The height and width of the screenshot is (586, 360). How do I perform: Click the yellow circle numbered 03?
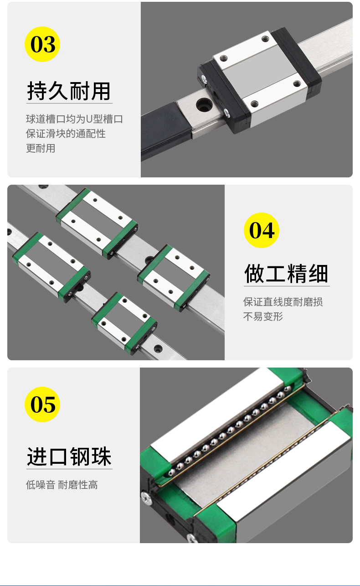tap(42, 44)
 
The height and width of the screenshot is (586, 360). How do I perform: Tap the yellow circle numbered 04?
tap(262, 230)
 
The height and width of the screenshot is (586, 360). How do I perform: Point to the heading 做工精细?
tap(286, 274)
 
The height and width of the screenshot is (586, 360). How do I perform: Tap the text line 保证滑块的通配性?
tap(66, 134)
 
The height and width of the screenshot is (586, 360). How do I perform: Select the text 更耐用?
tap(41, 148)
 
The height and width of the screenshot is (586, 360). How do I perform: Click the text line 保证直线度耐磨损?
tap(283, 302)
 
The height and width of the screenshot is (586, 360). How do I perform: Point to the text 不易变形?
tap(263, 316)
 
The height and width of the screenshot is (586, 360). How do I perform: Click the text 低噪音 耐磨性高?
tap(62, 485)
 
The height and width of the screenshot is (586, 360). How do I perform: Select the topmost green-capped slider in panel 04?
tap(97, 221)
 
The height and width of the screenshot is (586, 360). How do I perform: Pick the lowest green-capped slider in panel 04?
tap(124, 323)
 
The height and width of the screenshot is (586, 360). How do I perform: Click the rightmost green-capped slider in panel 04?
tap(174, 278)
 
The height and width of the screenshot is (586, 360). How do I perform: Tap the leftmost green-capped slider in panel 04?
tap(51, 265)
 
